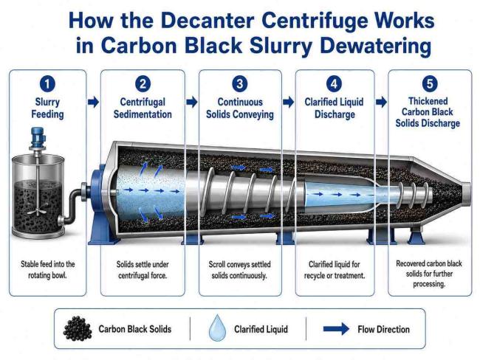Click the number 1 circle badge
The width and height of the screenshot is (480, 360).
click(x=47, y=84)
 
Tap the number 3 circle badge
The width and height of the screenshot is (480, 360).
click(x=240, y=84)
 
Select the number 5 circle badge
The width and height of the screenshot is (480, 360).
click(x=430, y=83)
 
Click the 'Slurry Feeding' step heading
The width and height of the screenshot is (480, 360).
click(x=47, y=108)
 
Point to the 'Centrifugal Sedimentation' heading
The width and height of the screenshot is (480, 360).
click(x=143, y=108)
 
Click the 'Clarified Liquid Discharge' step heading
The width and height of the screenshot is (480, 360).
click(x=335, y=108)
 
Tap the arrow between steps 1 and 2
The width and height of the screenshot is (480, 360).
click(x=93, y=102)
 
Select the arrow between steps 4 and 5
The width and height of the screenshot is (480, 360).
click(x=382, y=102)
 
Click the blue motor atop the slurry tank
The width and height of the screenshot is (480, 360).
click(x=38, y=138)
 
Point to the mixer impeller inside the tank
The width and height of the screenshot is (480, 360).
click(x=37, y=210)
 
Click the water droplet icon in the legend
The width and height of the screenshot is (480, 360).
click(x=217, y=328)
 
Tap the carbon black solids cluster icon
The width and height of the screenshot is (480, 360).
click(x=78, y=328)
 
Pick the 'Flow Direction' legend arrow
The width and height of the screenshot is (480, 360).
click(x=336, y=329)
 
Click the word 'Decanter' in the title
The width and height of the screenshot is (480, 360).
click(x=208, y=21)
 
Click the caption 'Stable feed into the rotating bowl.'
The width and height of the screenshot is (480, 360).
click(x=47, y=269)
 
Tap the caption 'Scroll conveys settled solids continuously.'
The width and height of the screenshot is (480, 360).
click(x=239, y=269)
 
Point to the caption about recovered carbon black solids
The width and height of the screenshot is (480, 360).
click(x=429, y=274)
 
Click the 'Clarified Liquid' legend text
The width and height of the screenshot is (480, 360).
click(x=261, y=329)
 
